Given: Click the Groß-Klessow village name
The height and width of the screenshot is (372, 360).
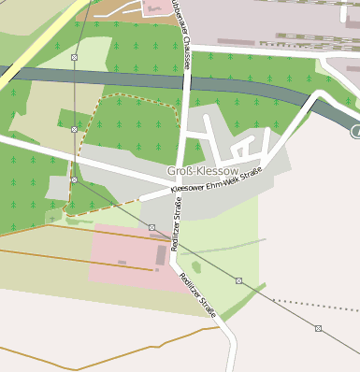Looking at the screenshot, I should [196, 171].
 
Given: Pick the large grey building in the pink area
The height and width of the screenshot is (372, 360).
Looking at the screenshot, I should [161, 254].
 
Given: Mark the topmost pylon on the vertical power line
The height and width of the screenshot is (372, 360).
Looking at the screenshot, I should [74, 58].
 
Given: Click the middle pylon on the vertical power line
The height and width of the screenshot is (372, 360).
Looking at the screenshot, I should [74, 128].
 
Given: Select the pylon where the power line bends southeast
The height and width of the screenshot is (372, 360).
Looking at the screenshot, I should [74, 179].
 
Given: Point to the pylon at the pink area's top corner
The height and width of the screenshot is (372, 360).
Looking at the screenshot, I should [151, 226].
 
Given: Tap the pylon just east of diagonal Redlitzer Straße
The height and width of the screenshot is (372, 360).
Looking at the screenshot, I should [238, 280].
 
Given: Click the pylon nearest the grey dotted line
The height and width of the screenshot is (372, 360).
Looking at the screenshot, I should [318, 328].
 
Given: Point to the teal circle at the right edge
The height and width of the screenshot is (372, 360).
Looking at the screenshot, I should [356, 132].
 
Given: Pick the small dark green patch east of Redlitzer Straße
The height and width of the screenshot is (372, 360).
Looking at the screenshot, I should [196, 268].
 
